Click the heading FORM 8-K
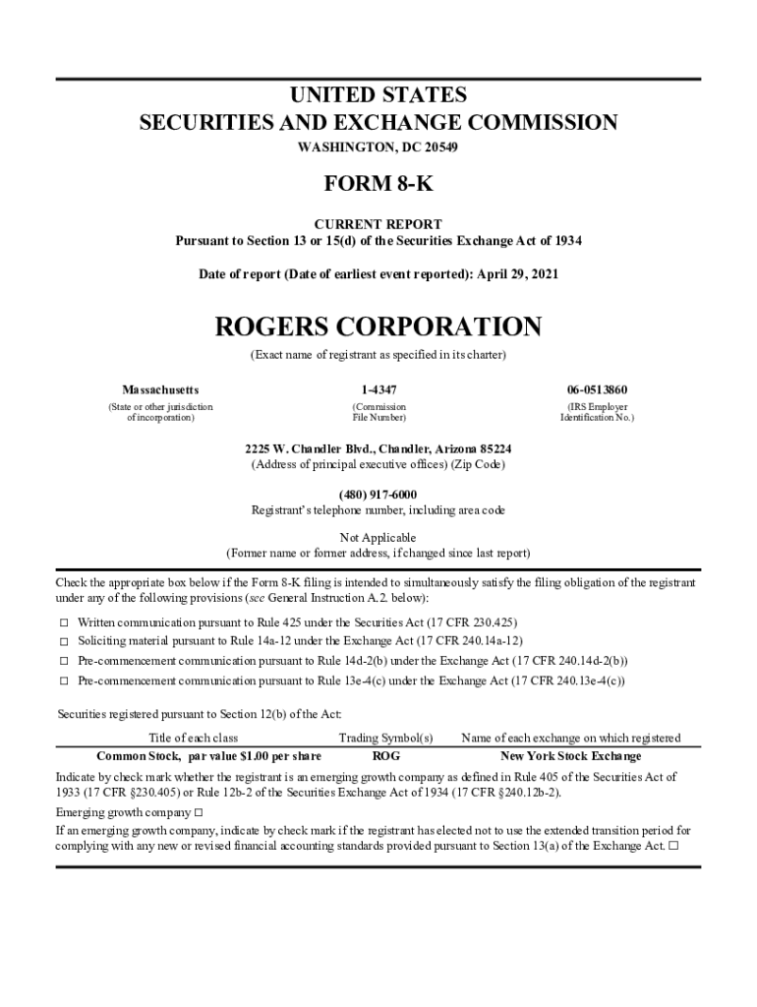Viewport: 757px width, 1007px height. (378, 186)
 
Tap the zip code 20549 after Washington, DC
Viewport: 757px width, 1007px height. (439, 148)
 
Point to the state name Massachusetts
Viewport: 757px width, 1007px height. (160, 389)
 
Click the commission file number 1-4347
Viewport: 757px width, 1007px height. (378, 389)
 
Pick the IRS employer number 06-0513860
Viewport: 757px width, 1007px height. (597, 389)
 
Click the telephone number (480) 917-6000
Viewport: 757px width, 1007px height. (378, 494)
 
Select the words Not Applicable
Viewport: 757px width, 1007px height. (378, 538)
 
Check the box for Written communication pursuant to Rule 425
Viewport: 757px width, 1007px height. (64, 623)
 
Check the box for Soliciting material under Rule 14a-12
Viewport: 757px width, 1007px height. (64, 642)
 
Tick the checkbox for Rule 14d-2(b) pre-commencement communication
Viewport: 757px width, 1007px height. (64, 661)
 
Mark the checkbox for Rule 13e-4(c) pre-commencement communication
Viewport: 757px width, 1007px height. (64, 681)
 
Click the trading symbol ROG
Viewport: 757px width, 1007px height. (386, 756)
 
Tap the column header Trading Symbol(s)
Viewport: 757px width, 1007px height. (386, 738)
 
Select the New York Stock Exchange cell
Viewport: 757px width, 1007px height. (570, 756)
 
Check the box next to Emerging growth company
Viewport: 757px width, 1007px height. (198, 813)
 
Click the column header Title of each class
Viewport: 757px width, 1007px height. (193, 738)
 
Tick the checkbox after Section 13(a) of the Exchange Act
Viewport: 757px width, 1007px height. (673, 846)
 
